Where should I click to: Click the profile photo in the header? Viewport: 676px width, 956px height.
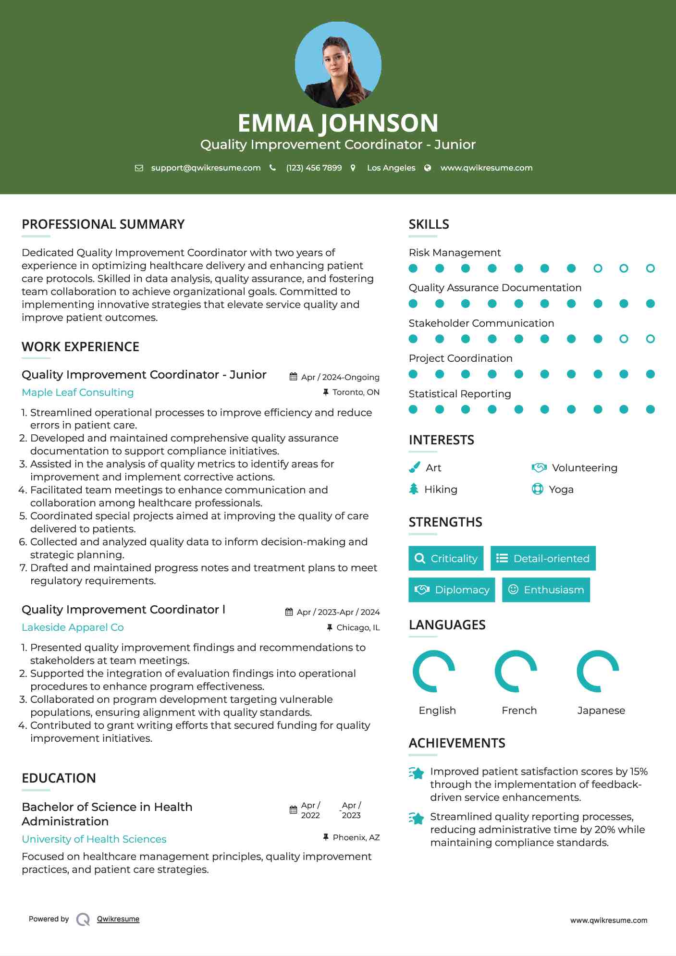pyautogui.click(x=338, y=65)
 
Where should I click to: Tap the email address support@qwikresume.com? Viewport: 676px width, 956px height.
pyautogui.click(x=206, y=168)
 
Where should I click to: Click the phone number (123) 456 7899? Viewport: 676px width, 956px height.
pyautogui.click(x=314, y=168)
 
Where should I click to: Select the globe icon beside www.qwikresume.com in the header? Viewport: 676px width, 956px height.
pyautogui.click(x=428, y=168)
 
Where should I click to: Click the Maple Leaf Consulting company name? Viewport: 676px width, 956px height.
pyautogui.click(x=78, y=392)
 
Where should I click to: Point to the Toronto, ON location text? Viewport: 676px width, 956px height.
pyautogui.click(x=356, y=392)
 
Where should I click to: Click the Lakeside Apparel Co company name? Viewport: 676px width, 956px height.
pyautogui.click(x=73, y=627)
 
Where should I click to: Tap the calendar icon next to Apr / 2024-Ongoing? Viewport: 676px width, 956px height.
pyautogui.click(x=293, y=377)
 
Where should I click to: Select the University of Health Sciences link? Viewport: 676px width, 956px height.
pyautogui.click(x=94, y=839)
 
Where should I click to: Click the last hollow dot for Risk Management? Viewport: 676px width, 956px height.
pyautogui.click(x=650, y=269)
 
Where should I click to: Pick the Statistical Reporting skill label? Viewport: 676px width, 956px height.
pyautogui.click(x=460, y=394)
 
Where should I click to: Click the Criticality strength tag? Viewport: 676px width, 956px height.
pyautogui.click(x=446, y=558)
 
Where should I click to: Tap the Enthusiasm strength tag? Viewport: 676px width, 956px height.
pyautogui.click(x=546, y=590)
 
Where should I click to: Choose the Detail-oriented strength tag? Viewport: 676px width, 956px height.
pyautogui.click(x=543, y=558)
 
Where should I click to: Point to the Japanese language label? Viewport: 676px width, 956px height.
pyautogui.click(x=601, y=711)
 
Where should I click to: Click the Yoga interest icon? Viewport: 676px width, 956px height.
pyautogui.click(x=537, y=489)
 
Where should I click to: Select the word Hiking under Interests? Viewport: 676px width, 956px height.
pyautogui.click(x=441, y=490)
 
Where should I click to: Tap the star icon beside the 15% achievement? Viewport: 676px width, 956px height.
pyautogui.click(x=417, y=773)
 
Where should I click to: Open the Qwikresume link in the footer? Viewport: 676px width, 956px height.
pyautogui.click(x=118, y=919)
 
